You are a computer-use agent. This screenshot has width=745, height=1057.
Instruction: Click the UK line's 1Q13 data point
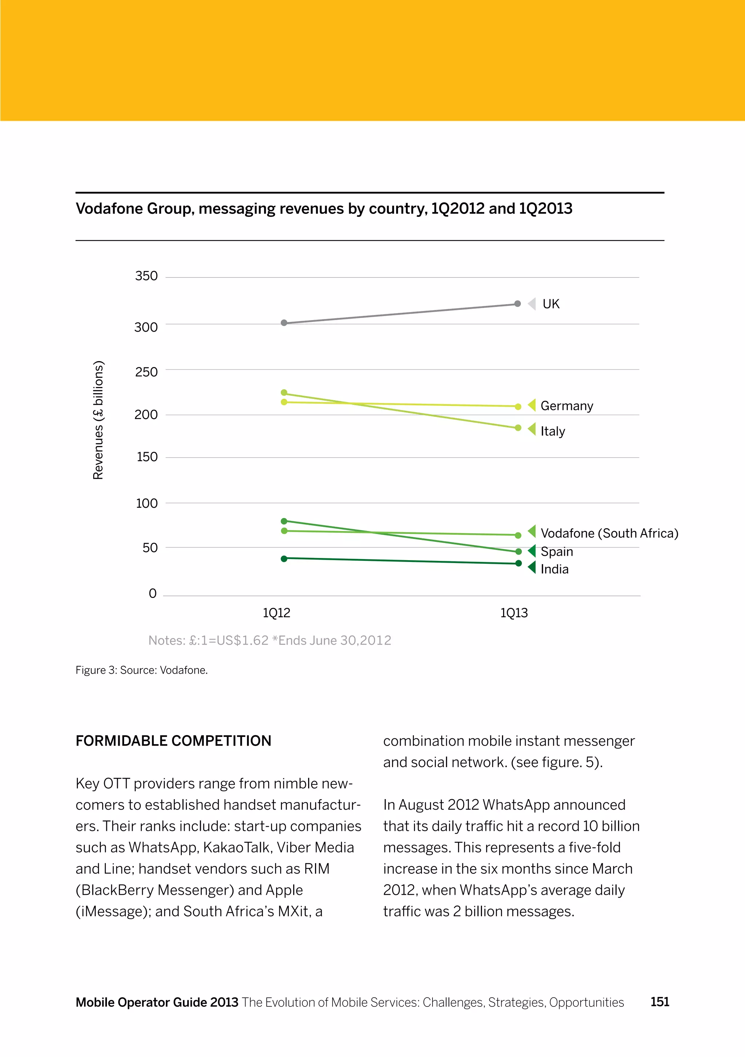coord(518,304)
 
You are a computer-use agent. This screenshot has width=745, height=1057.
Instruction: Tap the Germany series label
coord(567,406)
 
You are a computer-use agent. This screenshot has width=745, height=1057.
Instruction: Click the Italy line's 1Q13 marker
coord(518,428)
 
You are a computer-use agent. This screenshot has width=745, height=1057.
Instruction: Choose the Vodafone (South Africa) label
coord(609,533)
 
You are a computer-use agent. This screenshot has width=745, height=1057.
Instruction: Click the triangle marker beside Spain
coord(532,551)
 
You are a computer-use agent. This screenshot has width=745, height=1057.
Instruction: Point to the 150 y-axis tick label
coord(147,457)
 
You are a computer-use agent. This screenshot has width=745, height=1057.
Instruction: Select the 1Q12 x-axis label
coord(276,613)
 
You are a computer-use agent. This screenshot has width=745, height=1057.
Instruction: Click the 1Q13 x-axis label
coord(514,613)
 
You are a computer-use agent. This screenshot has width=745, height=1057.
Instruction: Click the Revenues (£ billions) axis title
coord(99,420)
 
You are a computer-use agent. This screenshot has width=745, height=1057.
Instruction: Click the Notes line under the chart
coord(269,641)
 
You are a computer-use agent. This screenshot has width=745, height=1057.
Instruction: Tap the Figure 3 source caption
coord(142,670)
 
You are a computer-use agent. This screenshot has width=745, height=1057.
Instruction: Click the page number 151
coord(660,1002)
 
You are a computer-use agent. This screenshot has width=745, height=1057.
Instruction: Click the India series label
coord(554,570)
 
